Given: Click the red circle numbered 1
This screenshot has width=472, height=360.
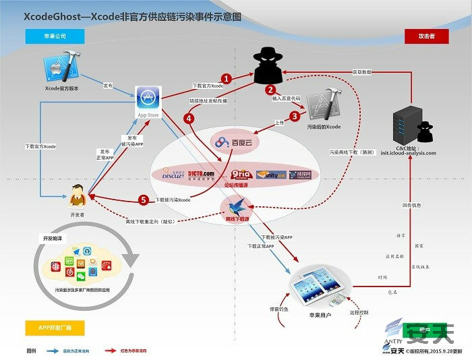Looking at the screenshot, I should point(227,79).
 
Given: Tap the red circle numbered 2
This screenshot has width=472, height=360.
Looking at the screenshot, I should point(270,89).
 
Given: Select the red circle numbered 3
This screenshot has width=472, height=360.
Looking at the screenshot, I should point(294,116).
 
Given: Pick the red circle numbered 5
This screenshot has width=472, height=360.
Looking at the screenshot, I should point(143,200).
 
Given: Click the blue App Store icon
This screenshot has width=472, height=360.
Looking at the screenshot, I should point(148,98).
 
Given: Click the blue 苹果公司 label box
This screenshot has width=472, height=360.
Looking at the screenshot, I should point(51,36).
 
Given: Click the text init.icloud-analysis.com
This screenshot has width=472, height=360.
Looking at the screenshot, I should point(413,153).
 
